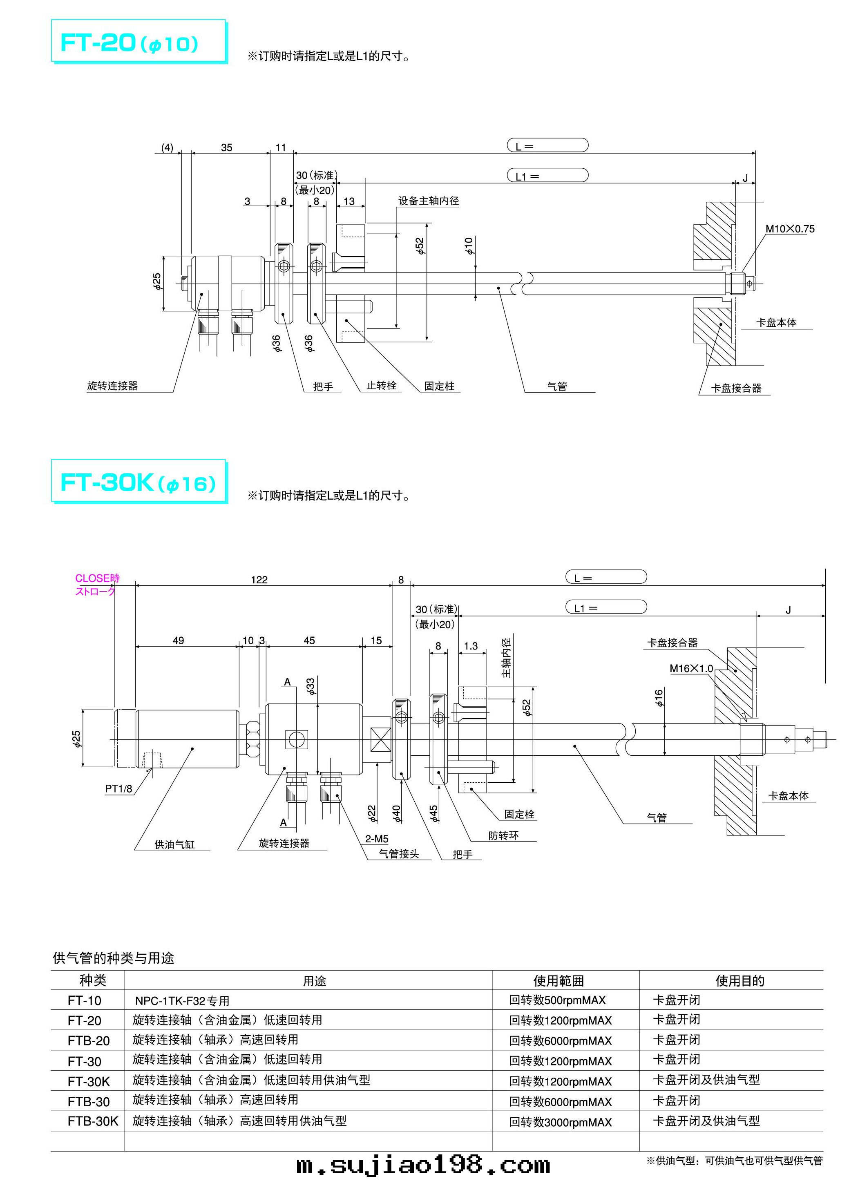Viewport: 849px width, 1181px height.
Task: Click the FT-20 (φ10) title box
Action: tap(139, 42)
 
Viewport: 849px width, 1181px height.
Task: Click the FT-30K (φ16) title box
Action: tap(139, 482)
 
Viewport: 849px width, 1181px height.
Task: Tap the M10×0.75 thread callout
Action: tap(790, 229)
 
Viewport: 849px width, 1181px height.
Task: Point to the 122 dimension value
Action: tap(259, 580)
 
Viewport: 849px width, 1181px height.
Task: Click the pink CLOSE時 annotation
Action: tap(97, 578)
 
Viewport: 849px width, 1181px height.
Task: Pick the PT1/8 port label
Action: tap(119, 789)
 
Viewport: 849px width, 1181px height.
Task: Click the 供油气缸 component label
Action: tap(174, 844)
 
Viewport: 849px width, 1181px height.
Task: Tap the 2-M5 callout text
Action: tap(377, 839)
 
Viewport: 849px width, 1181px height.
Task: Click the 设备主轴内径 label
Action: tap(428, 201)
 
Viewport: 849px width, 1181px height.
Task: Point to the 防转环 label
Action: tap(503, 836)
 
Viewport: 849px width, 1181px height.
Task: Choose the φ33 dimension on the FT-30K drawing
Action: tap(311, 686)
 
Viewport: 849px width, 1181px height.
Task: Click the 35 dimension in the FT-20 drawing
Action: tap(227, 147)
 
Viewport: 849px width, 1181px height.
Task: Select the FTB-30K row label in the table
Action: tap(93, 1121)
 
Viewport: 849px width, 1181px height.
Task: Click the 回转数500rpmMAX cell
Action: tap(557, 1000)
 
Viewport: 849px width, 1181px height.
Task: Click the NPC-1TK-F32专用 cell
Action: tap(182, 1001)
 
